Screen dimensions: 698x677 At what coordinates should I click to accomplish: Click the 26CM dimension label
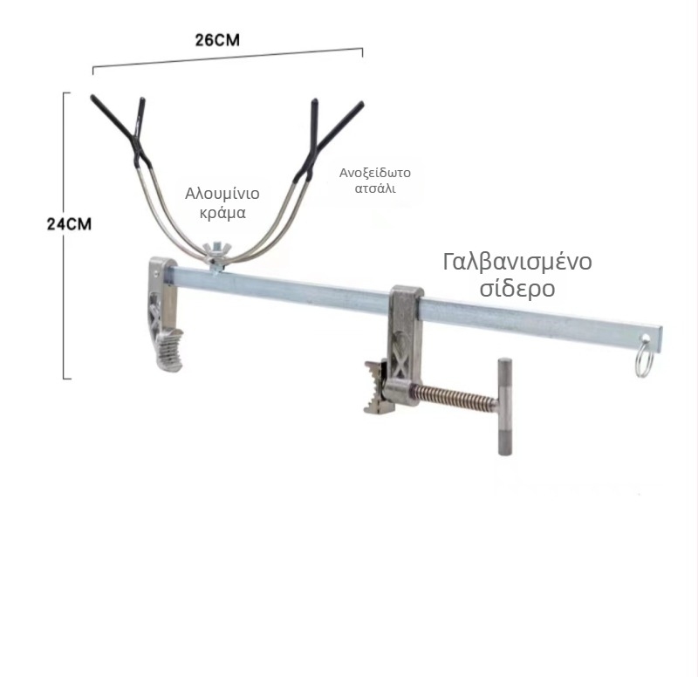(x=217, y=40)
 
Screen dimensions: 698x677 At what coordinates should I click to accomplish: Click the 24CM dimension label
(x=69, y=224)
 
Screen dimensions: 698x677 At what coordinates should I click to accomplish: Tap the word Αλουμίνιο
(x=222, y=194)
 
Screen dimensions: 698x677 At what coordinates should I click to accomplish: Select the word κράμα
(x=222, y=213)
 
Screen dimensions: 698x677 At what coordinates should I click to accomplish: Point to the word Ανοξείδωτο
(x=375, y=173)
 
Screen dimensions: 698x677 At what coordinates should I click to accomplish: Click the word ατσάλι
(x=375, y=188)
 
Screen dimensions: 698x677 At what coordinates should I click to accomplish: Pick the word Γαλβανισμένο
(x=517, y=262)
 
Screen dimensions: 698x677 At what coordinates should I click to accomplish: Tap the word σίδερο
(x=517, y=288)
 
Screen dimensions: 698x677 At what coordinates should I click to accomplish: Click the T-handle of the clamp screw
(x=504, y=407)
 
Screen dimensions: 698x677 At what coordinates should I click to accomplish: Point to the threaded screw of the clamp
(x=454, y=395)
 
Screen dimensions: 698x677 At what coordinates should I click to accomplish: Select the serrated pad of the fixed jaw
(x=170, y=350)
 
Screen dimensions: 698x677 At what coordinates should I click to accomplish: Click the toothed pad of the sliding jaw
(x=377, y=387)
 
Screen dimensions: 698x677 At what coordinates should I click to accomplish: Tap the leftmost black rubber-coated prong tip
(x=93, y=98)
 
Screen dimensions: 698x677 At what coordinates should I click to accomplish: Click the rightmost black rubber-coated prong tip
(x=361, y=105)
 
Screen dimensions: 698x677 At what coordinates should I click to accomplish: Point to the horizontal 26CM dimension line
(x=228, y=58)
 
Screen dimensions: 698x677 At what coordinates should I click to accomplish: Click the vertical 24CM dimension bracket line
(x=64, y=236)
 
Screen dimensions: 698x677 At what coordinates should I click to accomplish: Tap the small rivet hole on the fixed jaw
(x=156, y=271)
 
